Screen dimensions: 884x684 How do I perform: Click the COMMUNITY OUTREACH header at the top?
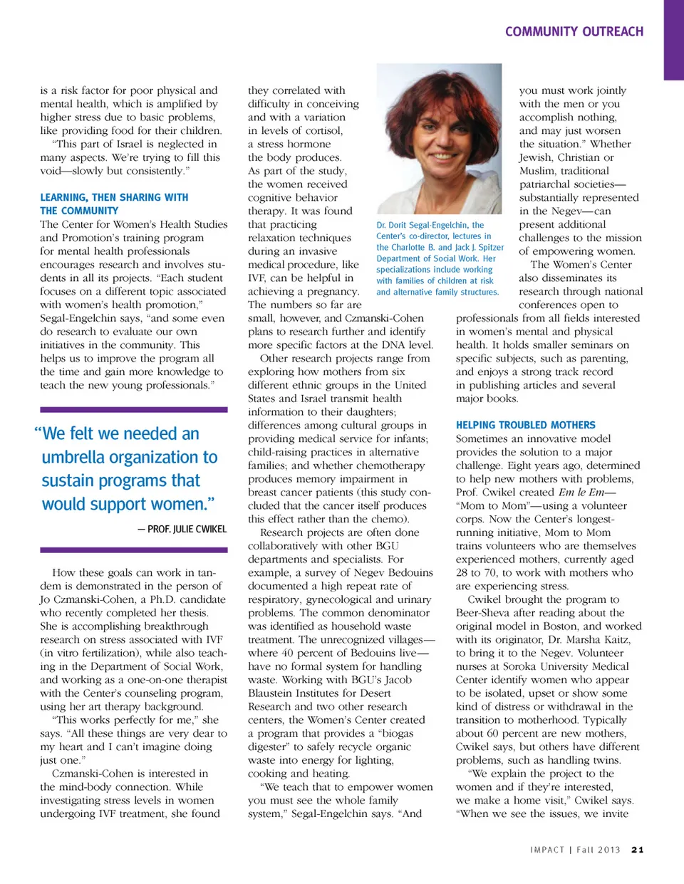(x=574, y=31)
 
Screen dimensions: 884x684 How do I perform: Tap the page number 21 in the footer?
(x=637, y=849)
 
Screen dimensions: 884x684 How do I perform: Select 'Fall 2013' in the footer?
(x=598, y=849)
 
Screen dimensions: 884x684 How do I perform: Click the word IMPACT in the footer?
(x=547, y=849)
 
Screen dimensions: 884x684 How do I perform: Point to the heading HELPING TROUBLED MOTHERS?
(x=525, y=425)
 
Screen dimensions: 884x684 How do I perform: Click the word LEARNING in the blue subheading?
(x=64, y=197)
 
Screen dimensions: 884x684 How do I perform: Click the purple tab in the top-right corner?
(x=673, y=39)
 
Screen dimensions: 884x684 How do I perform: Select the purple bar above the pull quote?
(x=133, y=410)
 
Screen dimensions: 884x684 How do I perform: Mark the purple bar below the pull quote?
(x=133, y=549)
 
